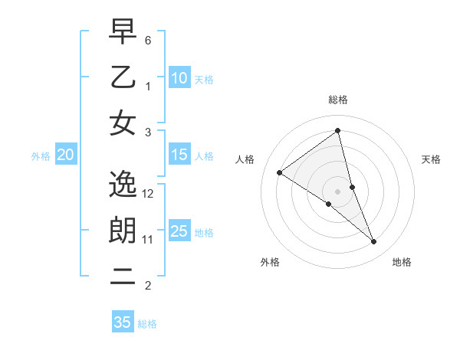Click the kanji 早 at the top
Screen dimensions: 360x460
(123, 33)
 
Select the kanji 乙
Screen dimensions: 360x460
(123, 77)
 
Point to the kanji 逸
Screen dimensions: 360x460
(123, 184)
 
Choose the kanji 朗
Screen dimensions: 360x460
(123, 230)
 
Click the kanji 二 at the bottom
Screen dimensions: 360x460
(123, 276)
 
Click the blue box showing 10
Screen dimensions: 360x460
(179, 77)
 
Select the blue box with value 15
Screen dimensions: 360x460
(179, 155)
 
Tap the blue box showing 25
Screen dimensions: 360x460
(179, 231)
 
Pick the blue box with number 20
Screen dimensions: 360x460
(65, 155)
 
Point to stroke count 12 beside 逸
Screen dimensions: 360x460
(149, 194)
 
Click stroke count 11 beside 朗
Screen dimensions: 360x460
(149, 240)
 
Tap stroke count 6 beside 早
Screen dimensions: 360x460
(149, 40)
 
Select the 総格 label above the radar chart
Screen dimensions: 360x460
(338, 100)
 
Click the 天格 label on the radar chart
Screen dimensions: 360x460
(431, 159)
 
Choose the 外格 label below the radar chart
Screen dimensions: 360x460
(270, 262)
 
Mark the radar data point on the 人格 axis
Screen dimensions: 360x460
(280, 172)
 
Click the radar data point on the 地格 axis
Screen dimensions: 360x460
(374, 242)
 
